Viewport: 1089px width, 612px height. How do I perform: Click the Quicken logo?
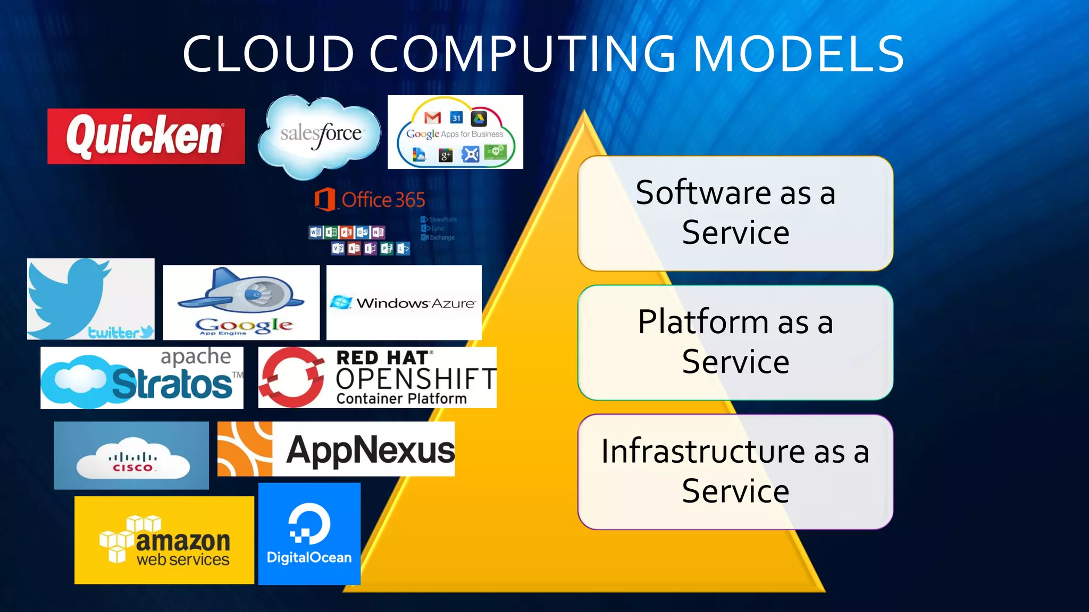point(146,137)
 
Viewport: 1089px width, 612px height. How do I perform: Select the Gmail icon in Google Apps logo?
point(432,117)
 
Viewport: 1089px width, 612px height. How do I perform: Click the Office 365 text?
point(383,200)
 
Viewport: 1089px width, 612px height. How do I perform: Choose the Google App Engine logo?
point(241,302)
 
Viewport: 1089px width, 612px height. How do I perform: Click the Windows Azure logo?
point(404,303)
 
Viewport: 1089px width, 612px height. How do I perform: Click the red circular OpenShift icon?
point(291,377)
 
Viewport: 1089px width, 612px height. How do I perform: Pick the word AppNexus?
point(370,450)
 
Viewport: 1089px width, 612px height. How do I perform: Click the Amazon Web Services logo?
point(164,540)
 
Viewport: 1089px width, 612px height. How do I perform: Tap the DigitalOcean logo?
point(309,534)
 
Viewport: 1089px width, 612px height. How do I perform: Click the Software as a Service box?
point(735,213)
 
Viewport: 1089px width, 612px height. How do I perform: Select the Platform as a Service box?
point(735,342)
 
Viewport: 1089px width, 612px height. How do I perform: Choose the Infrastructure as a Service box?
point(735,471)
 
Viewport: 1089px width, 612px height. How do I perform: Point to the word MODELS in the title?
point(799,54)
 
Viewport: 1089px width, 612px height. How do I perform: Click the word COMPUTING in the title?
point(523,54)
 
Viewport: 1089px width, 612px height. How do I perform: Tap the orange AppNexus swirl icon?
point(245,449)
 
